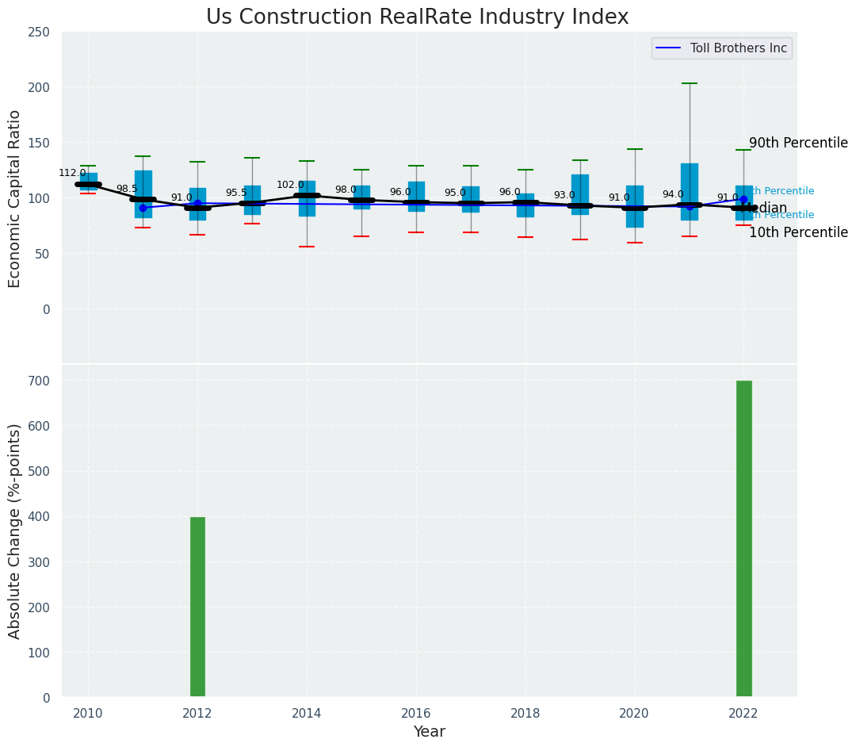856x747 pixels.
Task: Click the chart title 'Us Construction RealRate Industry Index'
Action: pyautogui.click(x=417, y=17)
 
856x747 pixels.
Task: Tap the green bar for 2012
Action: pyautogui.click(x=197, y=607)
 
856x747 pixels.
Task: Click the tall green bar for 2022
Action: pyautogui.click(x=743, y=539)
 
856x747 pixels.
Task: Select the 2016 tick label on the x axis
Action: pyautogui.click(x=416, y=713)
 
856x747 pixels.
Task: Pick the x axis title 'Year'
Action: pyautogui.click(x=429, y=732)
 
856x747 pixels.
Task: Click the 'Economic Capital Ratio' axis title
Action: pyautogui.click(x=15, y=198)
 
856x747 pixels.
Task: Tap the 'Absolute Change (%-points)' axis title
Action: pyautogui.click(x=15, y=531)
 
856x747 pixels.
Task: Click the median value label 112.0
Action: pyautogui.click(x=72, y=174)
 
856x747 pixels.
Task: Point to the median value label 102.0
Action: pyautogui.click(x=290, y=186)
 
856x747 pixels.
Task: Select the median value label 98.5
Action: pyautogui.click(x=127, y=190)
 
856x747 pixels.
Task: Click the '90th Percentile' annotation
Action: pyautogui.click(x=798, y=144)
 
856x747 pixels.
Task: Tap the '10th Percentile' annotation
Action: pyautogui.click(x=798, y=233)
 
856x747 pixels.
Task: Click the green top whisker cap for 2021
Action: pyautogui.click(x=690, y=83)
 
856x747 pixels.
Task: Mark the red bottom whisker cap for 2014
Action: pyautogui.click(x=307, y=247)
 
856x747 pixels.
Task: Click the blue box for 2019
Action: pyautogui.click(x=580, y=194)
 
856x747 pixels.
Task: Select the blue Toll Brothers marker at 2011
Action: pyautogui.click(x=143, y=208)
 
